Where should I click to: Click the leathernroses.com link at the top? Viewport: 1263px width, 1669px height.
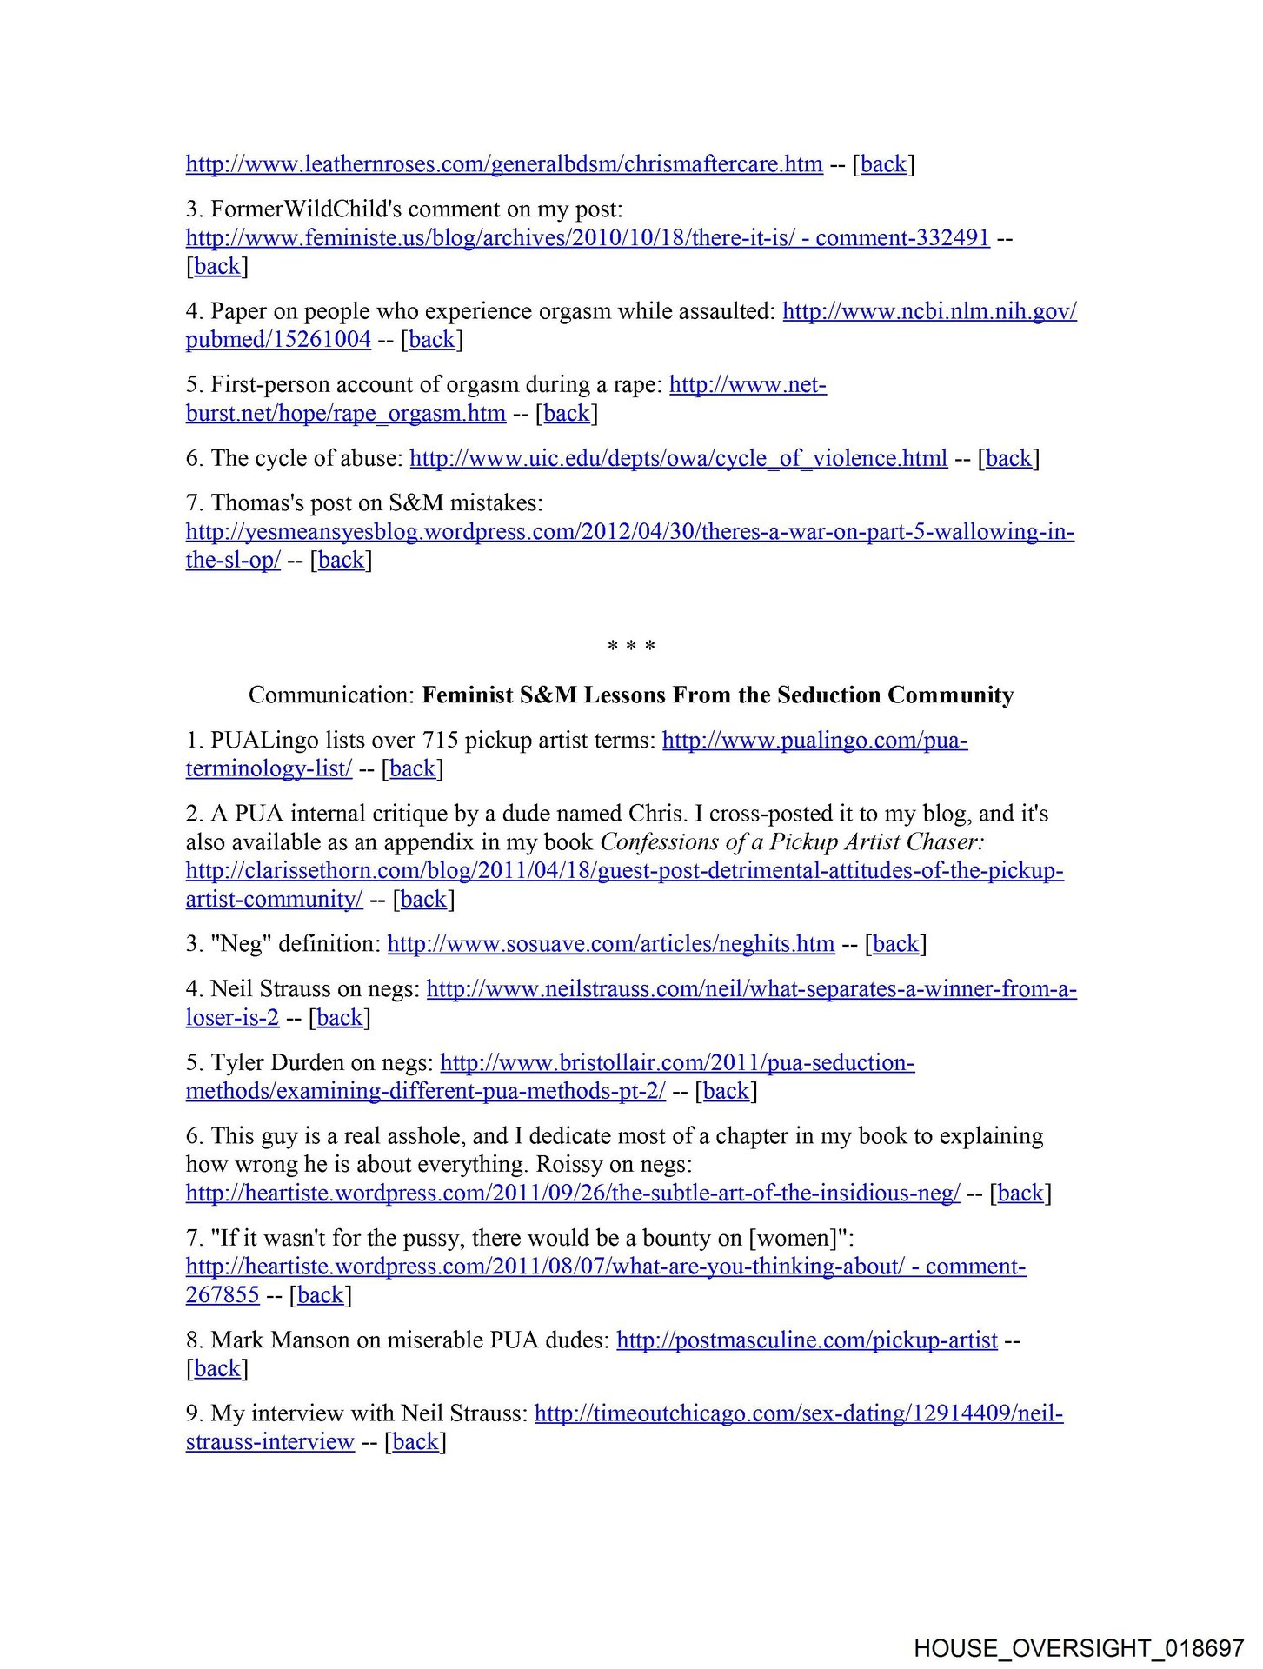click(504, 163)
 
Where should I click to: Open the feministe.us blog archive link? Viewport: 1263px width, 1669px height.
click(588, 237)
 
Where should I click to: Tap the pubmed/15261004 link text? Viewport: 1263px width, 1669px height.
click(278, 339)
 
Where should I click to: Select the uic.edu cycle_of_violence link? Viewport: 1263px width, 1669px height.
click(678, 458)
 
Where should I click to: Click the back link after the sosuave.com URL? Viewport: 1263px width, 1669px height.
click(895, 944)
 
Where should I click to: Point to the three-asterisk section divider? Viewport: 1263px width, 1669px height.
click(632, 647)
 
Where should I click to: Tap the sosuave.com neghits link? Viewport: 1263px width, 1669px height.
click(610, 944)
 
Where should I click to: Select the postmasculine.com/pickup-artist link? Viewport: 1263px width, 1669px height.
click(807, 1340)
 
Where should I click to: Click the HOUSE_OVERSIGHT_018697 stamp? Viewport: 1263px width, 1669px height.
click(1079, 1648)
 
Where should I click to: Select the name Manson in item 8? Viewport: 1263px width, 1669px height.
click(310, 1340)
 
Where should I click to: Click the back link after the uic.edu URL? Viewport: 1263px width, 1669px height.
click(1008, 458)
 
